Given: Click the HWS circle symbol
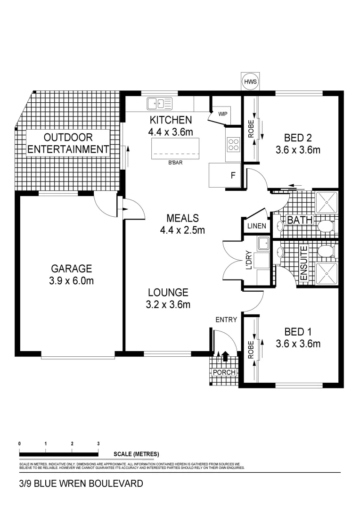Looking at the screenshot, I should point(250,82).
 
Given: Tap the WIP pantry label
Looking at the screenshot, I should point(223,114).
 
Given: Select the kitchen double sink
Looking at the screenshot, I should point(159,102).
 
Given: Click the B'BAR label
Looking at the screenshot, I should point(175,164).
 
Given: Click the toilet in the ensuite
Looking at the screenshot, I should point(325,251).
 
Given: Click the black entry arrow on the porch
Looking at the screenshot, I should point(225,356).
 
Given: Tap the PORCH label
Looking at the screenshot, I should point(224,372).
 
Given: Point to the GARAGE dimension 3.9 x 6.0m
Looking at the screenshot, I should point(72,281).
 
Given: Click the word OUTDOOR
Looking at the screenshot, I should point(68,138).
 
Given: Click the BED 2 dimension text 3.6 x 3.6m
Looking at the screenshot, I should point(298,150).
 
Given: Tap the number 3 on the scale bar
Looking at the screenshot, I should point(98,443).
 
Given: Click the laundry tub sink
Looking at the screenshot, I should point(263,244).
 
